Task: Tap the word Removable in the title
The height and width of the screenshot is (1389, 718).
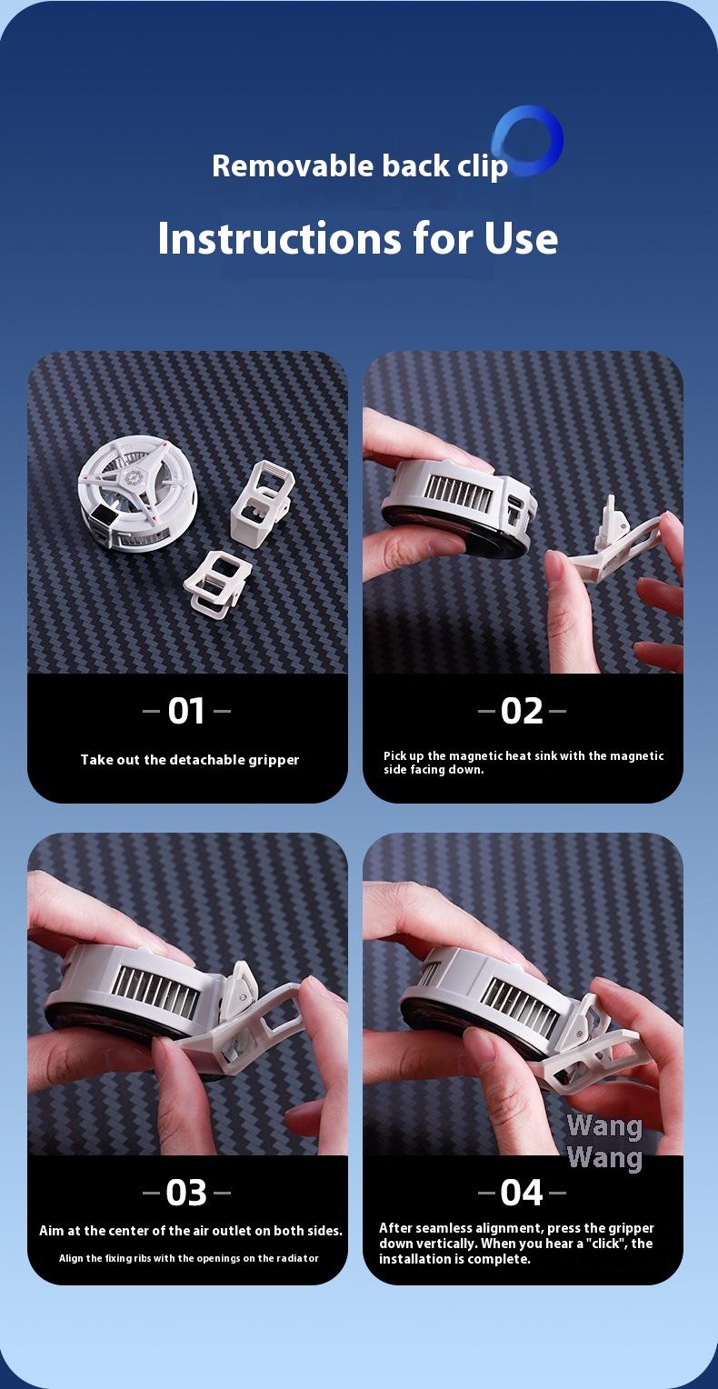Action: point(294,165)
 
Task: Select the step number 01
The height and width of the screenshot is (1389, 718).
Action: point(186,711)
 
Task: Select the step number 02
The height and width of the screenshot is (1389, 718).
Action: point(522,711)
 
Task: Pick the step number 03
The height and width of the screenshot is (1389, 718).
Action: point(186,1192)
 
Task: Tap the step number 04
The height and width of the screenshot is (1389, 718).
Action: point(522,1192)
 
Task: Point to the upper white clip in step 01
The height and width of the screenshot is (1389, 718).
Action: point(261,503)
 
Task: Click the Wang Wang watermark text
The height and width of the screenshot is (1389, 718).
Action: point(604,1143)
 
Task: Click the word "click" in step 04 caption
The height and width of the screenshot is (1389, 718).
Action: point(596,1244)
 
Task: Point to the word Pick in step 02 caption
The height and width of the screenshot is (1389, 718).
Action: point(394,756)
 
